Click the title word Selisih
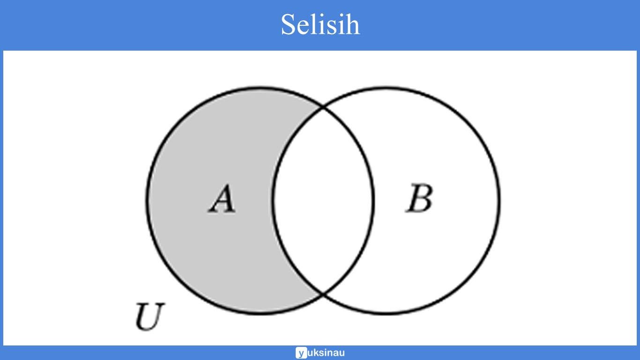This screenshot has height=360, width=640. coord(320,24)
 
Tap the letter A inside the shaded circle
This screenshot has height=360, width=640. coord(222,199)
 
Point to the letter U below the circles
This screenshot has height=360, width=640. coord(150,317)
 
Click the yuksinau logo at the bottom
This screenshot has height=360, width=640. coord(320,353)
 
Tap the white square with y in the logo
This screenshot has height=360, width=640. coord(301,353)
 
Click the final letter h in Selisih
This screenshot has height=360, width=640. coord(352,24)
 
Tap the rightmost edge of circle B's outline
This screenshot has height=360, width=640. coord(499,201)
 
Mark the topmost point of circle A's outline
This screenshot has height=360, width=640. coord(260,88)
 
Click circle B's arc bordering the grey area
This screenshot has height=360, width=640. coord(274,201)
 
